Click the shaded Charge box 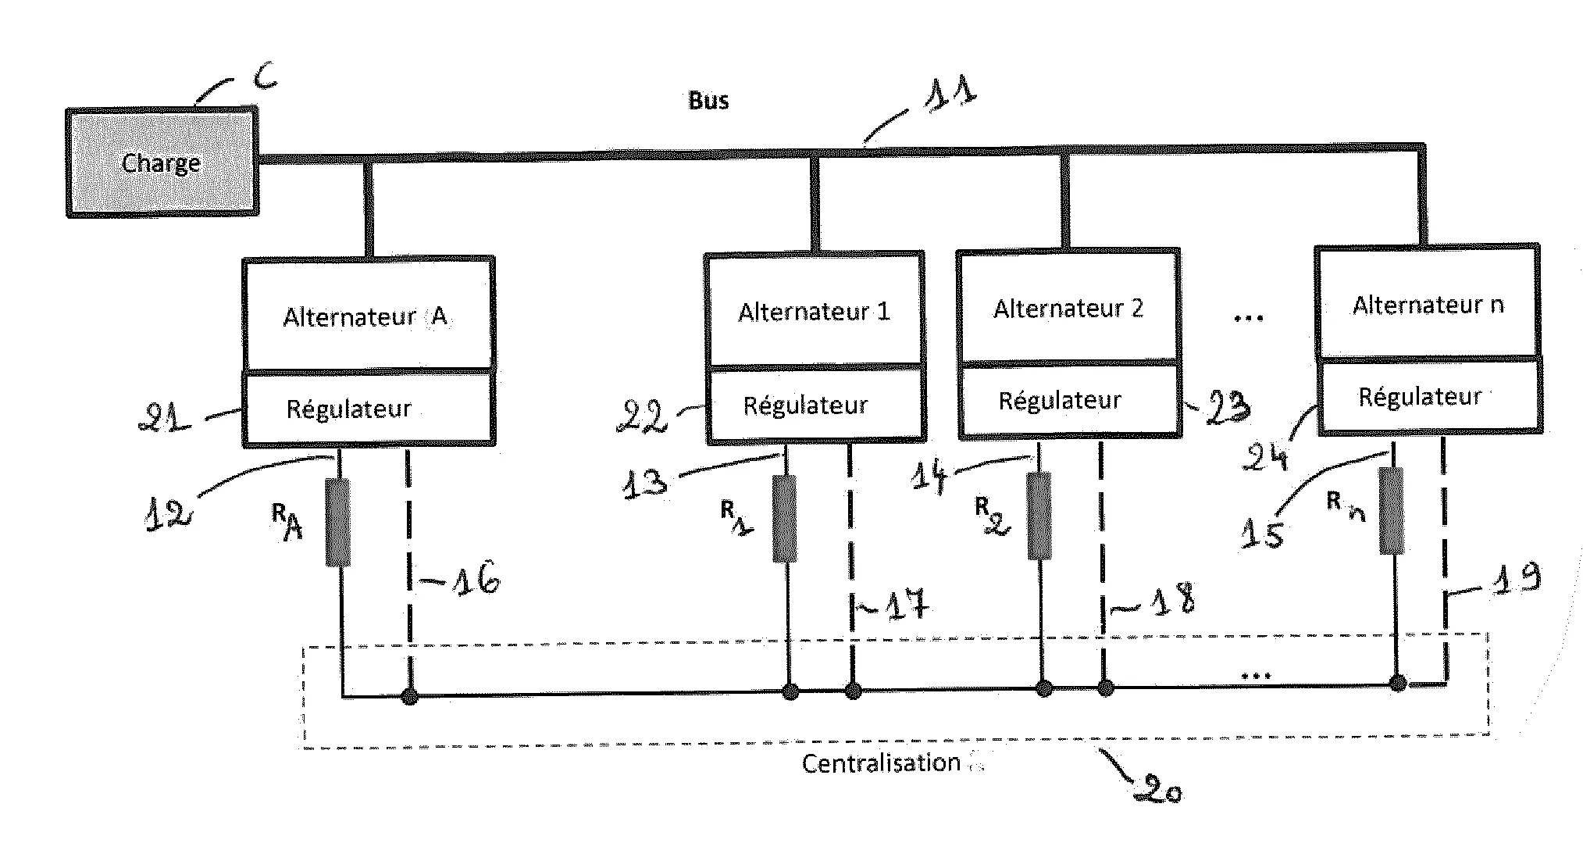coord(162,163)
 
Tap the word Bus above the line coord(708,101)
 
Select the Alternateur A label coord(365,316)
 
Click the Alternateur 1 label coord(814,312)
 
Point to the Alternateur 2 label coord(1068,309)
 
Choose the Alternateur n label coord(1428,305)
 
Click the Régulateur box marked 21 coord(367,409)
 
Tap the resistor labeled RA coord(337,522)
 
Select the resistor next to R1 coord(785,518)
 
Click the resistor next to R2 coord(1039,515)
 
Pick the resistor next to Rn coord(1391,510)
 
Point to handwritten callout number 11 coord(950,93)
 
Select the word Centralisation coord(881,763)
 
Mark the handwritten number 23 coord(1228,407)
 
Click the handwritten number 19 coord(1516,578)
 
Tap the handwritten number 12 coord(167,515)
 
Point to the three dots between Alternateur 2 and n coord(1248,318)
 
